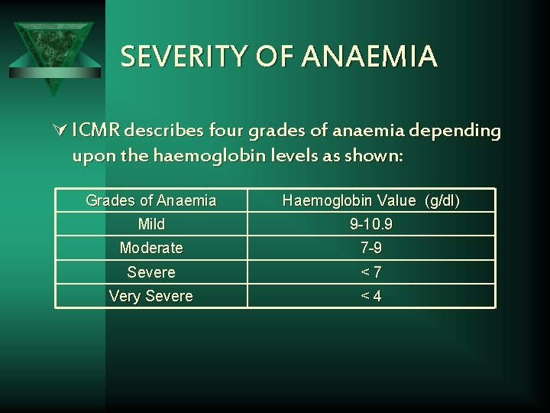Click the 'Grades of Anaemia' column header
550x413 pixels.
point(151,201)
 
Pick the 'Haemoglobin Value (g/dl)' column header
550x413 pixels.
point(371,201)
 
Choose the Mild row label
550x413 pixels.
point(151,225)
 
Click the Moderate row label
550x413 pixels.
point(151,249)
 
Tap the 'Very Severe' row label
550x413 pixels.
point(151,296)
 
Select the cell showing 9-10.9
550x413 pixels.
point(371,225)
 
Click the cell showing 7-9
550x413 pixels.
point(371,249)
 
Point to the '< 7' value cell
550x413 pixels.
point(371,272)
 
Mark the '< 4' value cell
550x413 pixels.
point(371,296)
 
